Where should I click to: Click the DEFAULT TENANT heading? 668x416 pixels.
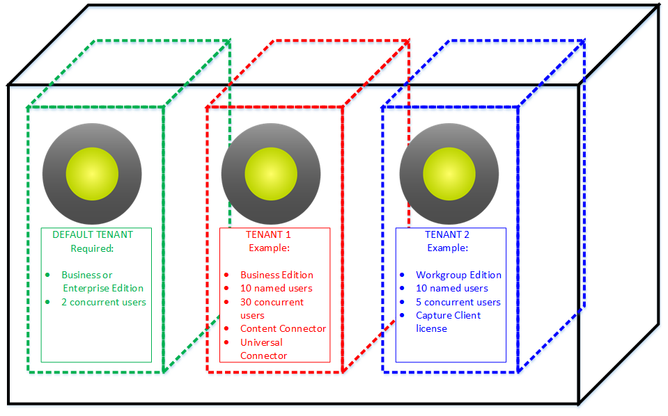93,234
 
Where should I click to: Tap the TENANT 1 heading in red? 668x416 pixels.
269,234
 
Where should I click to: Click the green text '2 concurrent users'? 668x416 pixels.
104,302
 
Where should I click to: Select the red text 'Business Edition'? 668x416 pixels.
277,275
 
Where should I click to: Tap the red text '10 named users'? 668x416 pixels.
277,288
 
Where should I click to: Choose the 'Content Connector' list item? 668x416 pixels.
283,328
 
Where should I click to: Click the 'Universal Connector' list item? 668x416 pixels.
263,349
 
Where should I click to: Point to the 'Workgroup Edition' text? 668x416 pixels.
458,275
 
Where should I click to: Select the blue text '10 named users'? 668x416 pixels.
452,288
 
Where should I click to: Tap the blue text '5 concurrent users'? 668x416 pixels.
458,302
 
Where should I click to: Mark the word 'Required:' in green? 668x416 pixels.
92,248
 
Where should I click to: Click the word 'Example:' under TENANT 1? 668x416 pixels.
269,248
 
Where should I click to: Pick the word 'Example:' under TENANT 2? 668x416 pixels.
447,248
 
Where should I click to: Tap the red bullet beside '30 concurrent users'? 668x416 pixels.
226,302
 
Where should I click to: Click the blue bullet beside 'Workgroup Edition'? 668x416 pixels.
402,275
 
